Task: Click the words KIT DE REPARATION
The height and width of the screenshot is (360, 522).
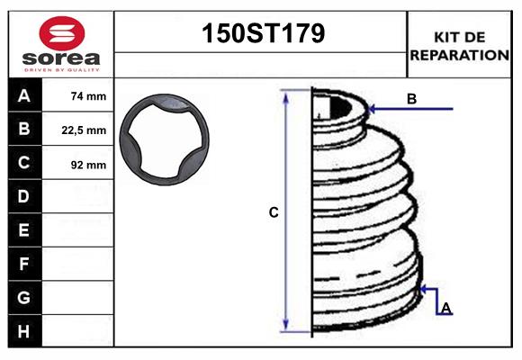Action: [459, 46]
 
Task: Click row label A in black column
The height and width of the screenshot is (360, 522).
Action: [24, 95]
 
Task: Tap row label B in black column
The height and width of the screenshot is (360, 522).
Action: [24, 130]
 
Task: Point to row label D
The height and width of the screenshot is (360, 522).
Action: [24, 196]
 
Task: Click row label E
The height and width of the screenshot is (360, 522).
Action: [24, 230]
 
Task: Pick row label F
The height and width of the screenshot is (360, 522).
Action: [24, 265]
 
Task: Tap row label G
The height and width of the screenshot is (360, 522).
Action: [24, 298]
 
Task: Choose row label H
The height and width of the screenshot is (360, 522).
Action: [24, 331]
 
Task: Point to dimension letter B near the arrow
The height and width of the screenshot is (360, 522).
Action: [411, 99]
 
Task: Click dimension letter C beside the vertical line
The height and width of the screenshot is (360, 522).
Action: [274, 213]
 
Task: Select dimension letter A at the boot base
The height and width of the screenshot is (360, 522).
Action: [445, 309]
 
